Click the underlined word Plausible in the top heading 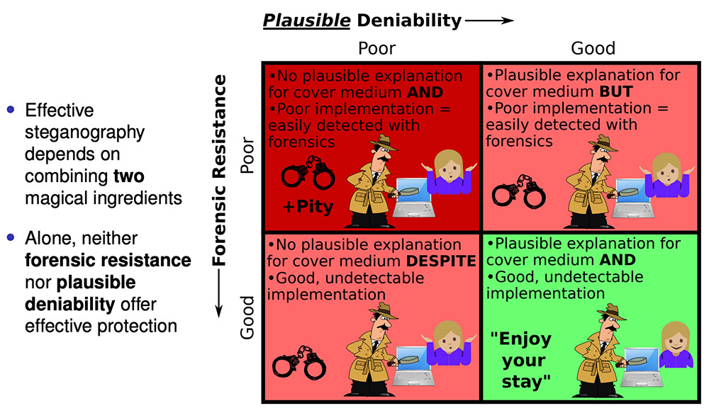click(x=306, y=21)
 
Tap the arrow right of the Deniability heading click(x=490, y=21)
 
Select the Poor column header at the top click(x=376, y=48)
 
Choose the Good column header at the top click(x=593, y=48)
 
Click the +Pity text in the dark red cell click(x=309, y=208)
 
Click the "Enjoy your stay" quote click(x=520, y=361)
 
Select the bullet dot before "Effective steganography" click(x=10, y=110)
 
